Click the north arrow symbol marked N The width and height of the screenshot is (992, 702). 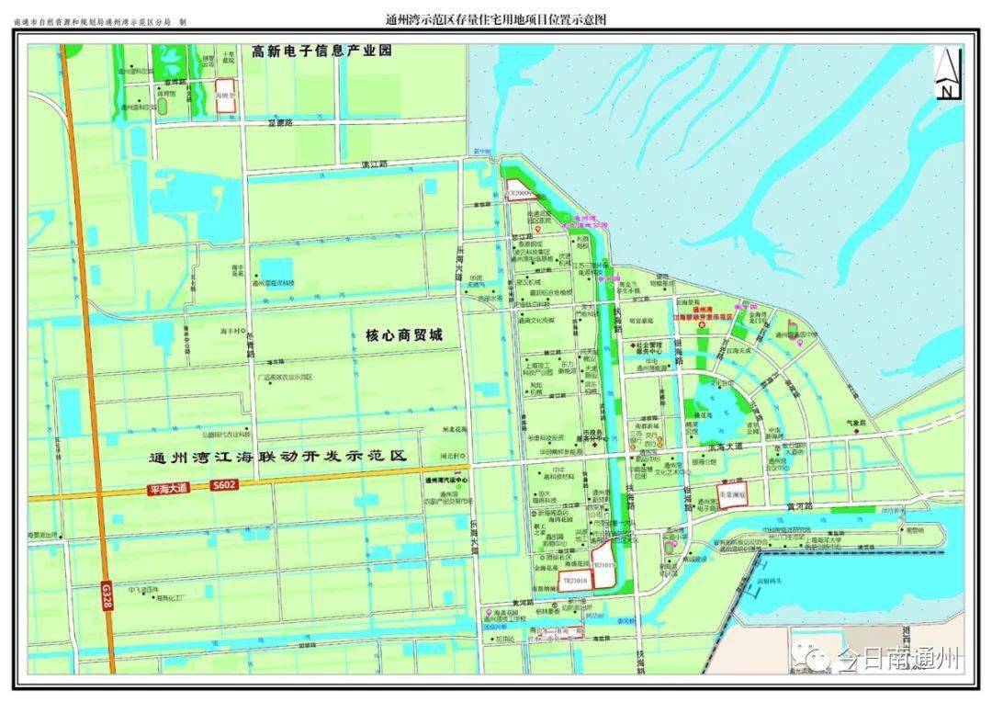pyautogui.click(x=946, y=74)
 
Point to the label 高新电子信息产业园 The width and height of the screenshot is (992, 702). pyautogui.click(x=321, y=51)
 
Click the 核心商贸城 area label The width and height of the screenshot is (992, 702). pyautogui.click(x=398, y=336)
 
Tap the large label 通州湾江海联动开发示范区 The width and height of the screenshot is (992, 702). pyautogui.click(x=276, y=457)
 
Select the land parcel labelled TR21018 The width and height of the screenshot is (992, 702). pyautogui.click(x=574, y=583)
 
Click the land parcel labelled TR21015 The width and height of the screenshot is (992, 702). pyautogui.click(x=603, y=566)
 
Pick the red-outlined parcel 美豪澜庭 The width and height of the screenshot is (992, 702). pyautogui.click(x=732, y=493)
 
